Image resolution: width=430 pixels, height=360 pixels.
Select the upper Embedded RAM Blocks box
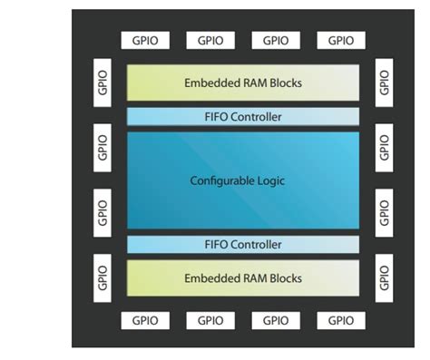pyautogui.click(x=242, y=83)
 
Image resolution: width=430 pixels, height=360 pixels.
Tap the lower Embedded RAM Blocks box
pyautogui.click(x=242, y=277)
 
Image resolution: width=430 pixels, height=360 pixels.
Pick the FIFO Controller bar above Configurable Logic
pyautogui.click(x=242, y=117)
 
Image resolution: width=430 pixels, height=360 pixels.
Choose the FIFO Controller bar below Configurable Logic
pyautogui.click(x=242, y=245)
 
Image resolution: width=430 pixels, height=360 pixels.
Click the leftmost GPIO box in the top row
pyautogui.click(x=146, y=40)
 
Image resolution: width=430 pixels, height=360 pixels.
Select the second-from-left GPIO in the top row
pyautogui.click(x=210, y=40)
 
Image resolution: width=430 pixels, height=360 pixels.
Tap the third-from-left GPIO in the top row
pyautogui.click(x=276, y=40)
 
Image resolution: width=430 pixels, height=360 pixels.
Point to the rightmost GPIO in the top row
pyautogui.click(x=340, y=40)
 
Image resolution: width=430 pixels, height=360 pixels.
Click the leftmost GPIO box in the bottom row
pyautogui.click(x=146, y=320)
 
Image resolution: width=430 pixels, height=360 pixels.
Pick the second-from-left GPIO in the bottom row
pyautogui.click(x=210, y=320)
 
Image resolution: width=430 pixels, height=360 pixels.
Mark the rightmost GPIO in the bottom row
pyautogui.click(x=340, y=320)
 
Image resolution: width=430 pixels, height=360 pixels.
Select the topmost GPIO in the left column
pyautogui.click(x=102, y=83)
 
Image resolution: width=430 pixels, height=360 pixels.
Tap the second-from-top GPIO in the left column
pyautogui.click(x=102, y=146)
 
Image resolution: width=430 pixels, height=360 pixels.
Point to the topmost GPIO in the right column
pyautogui.click(x=384, y=83)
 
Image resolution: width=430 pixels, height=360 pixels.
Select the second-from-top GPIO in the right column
pyautogui.click(x=384, y=146)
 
